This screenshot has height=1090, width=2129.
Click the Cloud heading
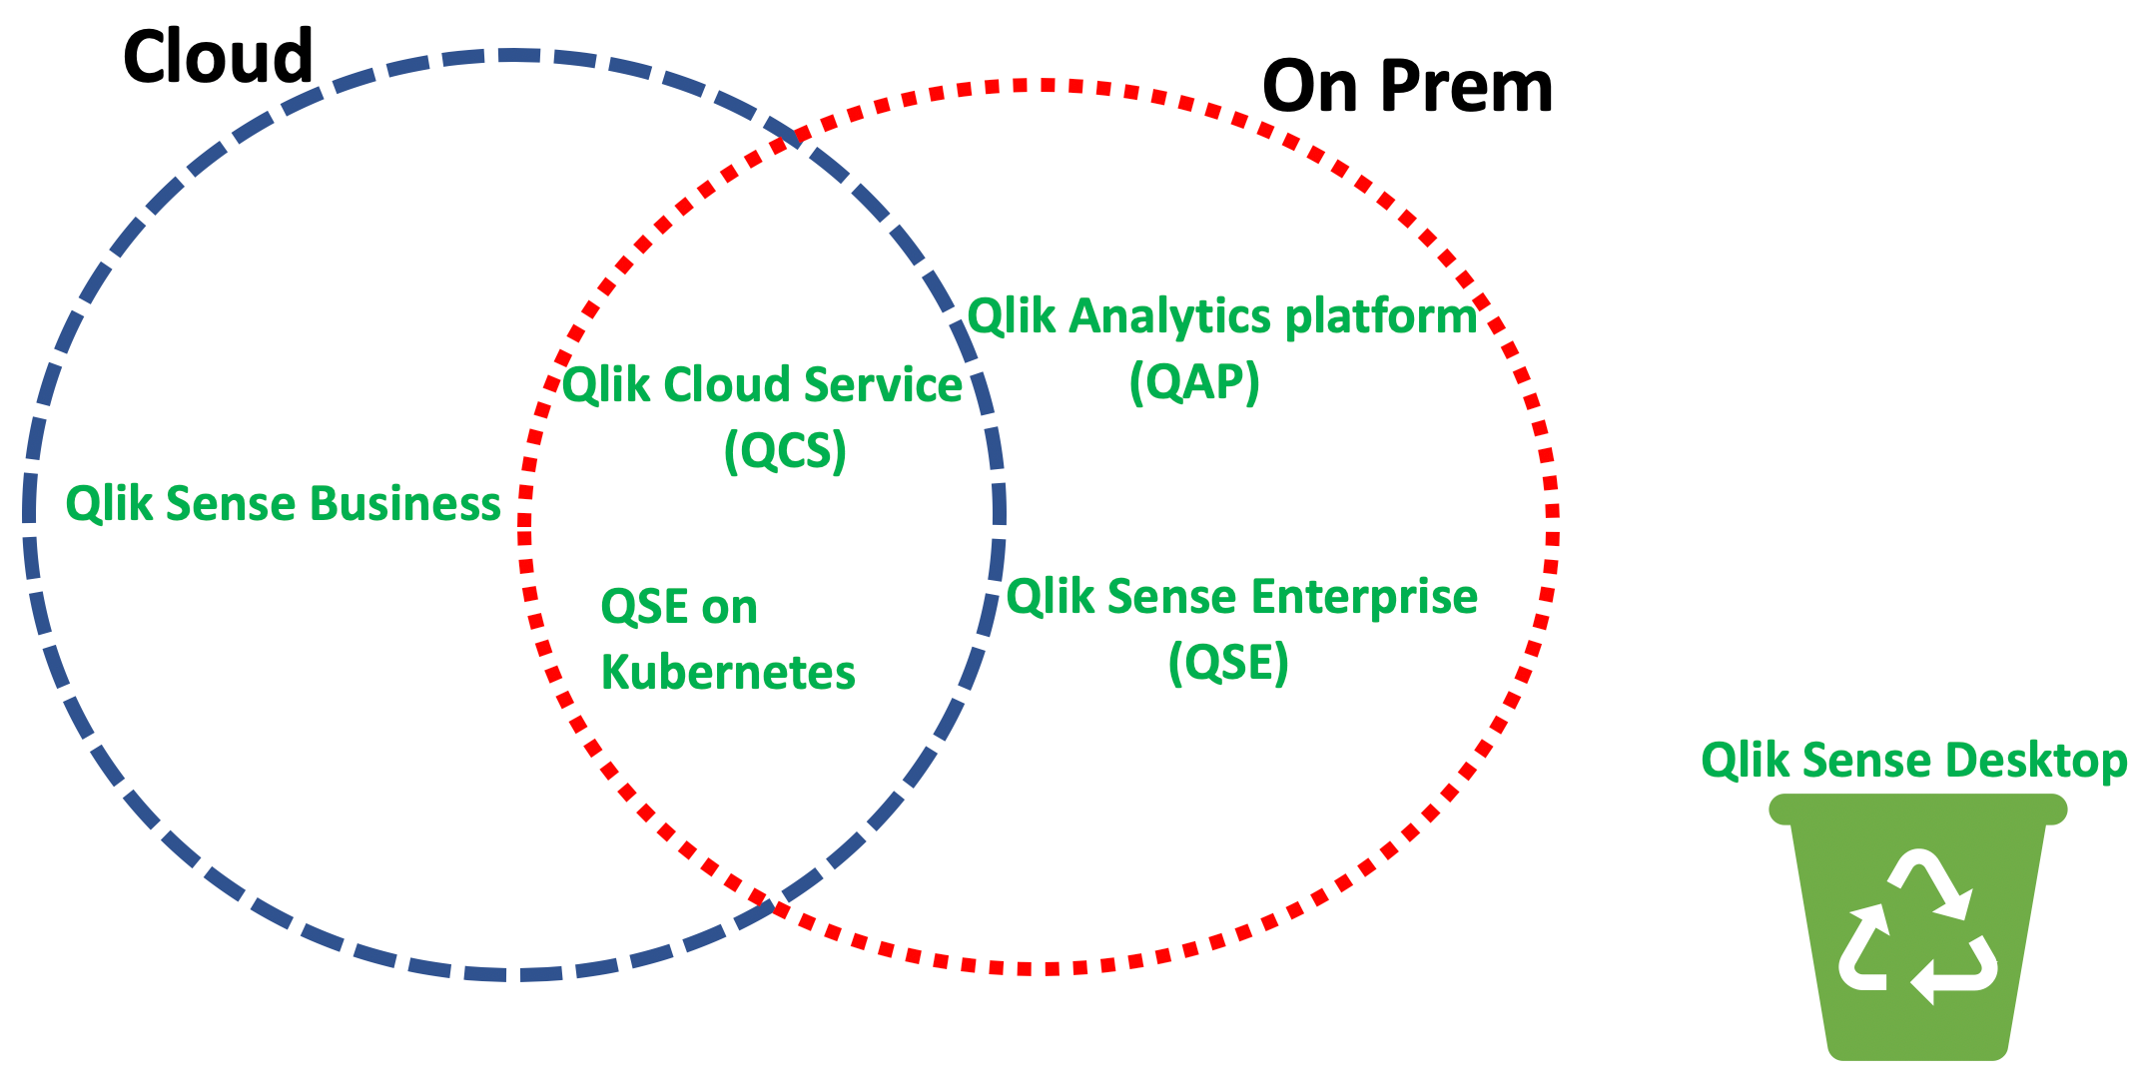(218, 56)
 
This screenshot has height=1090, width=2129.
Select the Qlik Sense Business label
(283, 504)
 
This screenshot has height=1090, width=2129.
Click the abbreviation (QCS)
(785, 450)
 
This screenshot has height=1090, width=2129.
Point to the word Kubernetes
(728, 672)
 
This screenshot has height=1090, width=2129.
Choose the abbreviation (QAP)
(1194, 381)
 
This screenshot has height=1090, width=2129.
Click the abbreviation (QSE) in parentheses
(1228, 662)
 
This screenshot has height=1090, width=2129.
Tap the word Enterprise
(1364, 598)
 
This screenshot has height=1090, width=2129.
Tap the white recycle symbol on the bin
(1918, 927)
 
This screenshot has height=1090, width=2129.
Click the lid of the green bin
(1918, 809)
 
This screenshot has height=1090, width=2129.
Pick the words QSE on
(679, 607)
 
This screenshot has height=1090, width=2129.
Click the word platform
(1381, 318)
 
